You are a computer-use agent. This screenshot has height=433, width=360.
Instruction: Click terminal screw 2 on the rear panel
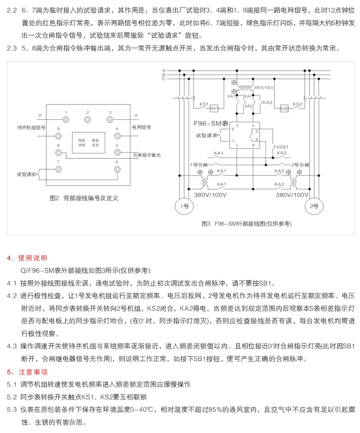click(87, 120)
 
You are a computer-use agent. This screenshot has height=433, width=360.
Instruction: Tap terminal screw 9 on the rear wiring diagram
click(58, 136)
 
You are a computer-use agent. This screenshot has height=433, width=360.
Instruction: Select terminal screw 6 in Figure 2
click(117, 169)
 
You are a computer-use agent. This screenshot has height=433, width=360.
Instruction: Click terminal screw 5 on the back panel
click(117, 152)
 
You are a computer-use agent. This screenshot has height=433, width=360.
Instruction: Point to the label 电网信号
click(142, 127)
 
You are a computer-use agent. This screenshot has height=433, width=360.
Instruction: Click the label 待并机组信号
click(31, 127)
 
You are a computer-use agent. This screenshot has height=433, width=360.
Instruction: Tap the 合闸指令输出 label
click(147, 155)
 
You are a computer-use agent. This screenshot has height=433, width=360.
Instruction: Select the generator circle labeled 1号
click(184, 206)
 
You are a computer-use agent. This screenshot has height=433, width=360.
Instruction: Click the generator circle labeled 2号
click(314, 206)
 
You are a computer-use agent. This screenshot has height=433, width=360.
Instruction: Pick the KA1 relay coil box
click(214, 108)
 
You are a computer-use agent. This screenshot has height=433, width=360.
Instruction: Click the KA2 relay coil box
click(284, 108)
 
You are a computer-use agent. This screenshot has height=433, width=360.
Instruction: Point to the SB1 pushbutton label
click(283, 147)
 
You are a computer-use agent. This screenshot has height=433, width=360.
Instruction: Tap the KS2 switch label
click(297, 104)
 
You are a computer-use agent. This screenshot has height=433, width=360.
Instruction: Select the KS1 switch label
click(204, 104)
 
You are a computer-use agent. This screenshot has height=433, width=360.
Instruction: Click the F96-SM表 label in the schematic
click(211, 123)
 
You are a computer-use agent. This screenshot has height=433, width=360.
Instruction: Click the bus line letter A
click(164, 71)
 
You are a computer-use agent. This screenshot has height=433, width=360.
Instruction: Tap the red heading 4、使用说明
click(27, 258)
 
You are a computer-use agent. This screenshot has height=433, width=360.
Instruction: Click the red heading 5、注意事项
click(27, 372)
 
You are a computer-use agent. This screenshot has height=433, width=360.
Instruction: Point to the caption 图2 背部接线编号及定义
click(84, 198)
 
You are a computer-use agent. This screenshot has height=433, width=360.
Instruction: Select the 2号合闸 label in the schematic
click(300, 165)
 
